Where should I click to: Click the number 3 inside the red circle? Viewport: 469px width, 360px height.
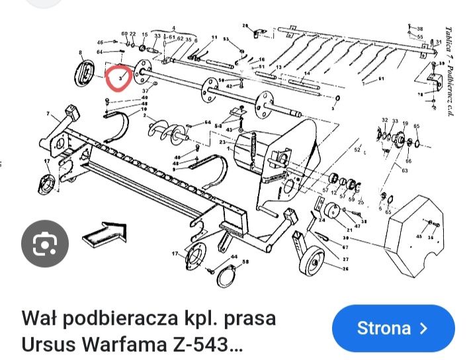pos(120,78)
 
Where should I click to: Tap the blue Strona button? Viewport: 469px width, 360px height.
pos(393,328)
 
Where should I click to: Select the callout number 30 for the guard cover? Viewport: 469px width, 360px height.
pos(347,238)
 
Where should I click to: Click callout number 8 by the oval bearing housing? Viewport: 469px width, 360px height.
pos(80,52)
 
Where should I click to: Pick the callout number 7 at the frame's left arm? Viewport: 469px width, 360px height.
pos(48,114)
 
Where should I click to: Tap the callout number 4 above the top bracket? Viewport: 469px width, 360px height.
pos(174,28)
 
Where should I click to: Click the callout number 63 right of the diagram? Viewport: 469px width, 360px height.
pos(404,171)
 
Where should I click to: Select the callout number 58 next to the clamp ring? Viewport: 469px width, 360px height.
pos(246,263)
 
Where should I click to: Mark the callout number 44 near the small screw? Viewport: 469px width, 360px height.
pos(234,256)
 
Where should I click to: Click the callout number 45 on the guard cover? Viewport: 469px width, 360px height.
pos(418,236)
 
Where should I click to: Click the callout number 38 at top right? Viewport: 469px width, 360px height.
pos(419,28)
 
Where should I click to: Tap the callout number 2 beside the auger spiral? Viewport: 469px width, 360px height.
pos(144,115)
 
